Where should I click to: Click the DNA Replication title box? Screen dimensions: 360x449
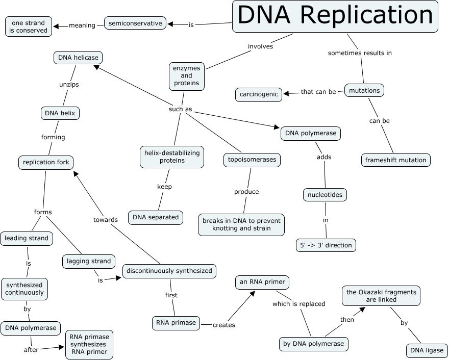tap(335, 16)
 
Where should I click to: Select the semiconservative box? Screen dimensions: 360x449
tap(135, 23)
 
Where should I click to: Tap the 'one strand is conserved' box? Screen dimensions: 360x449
tap(28, 27)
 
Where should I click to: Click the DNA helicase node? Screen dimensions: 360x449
tap(78, 58)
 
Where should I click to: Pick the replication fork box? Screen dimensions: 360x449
tap(45, 163)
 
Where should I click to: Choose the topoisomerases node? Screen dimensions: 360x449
tap(252, 160)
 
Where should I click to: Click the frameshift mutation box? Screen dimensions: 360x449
tap(395, 160)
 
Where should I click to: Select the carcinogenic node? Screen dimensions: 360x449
tap(259, 94)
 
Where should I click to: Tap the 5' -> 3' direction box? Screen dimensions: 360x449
tap(325, 245)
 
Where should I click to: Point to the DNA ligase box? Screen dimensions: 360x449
tap(427, 351)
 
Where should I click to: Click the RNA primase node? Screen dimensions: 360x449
tap(175, 323)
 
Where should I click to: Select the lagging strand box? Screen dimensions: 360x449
tap(89, 261)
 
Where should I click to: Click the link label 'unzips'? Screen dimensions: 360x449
tap(69, 85)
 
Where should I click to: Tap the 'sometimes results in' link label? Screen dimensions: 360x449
tap(360, 53)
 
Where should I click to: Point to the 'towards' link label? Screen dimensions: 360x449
tap(106, 220)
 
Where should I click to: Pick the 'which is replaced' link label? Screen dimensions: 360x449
tap(298, 304)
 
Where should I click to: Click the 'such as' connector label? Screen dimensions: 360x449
tap(181, 109)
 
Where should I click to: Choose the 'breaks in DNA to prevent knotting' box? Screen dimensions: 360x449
tap(241, 224)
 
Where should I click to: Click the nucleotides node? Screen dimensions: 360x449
tap(325, 195)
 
